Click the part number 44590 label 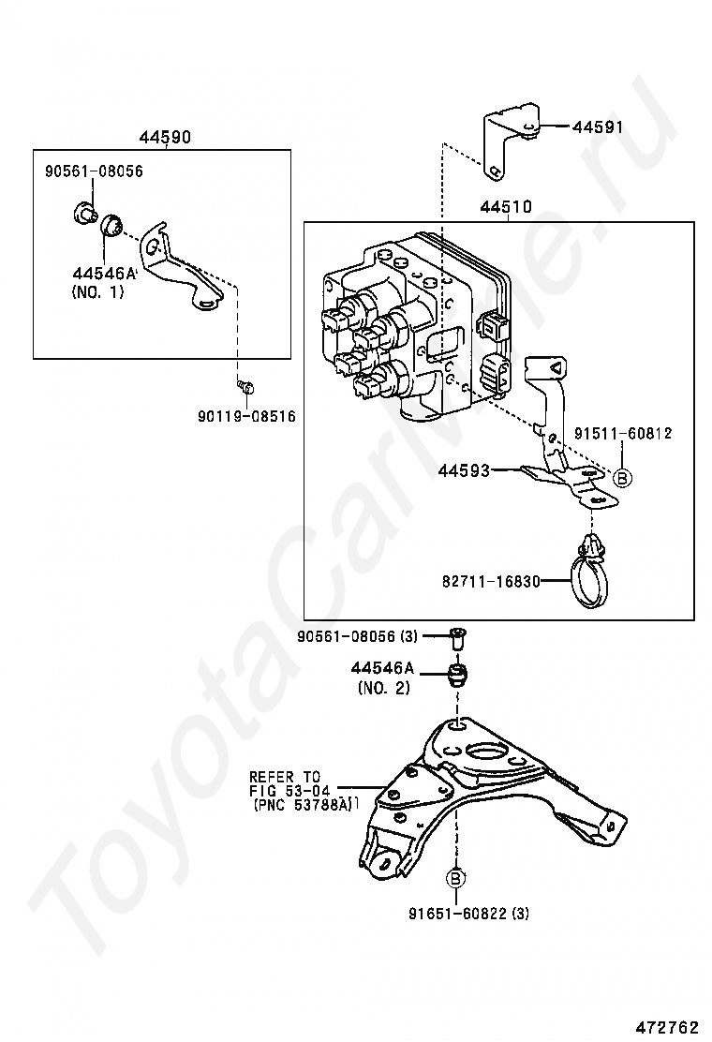pyautogui.click(x=165, y=137)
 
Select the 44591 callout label pyautogui.click(x=599, y=127)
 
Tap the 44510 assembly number pyautogui.click(x=506, y=207)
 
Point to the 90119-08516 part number pyautogui.click(x=246, y=417)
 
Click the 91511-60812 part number pyautogui.click(x=624, y=433)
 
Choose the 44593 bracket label pyautogui.click(x=464, y=470)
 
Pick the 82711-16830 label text pyautogui.click(x=491, y=582)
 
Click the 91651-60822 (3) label pyautogui.click(x=469, y=914)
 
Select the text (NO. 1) pyautogui.click(x=97, y=291)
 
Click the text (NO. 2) pyautogui.click(x=384, y=689)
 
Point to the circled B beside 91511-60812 pyautogui.click(x=622, y=477)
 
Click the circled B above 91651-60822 pyautogui.click(x=456, y=879)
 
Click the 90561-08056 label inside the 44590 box pyautogui.click(x=95, y=171)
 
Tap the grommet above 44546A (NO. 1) pyautogui.click(x=111, y=225)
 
